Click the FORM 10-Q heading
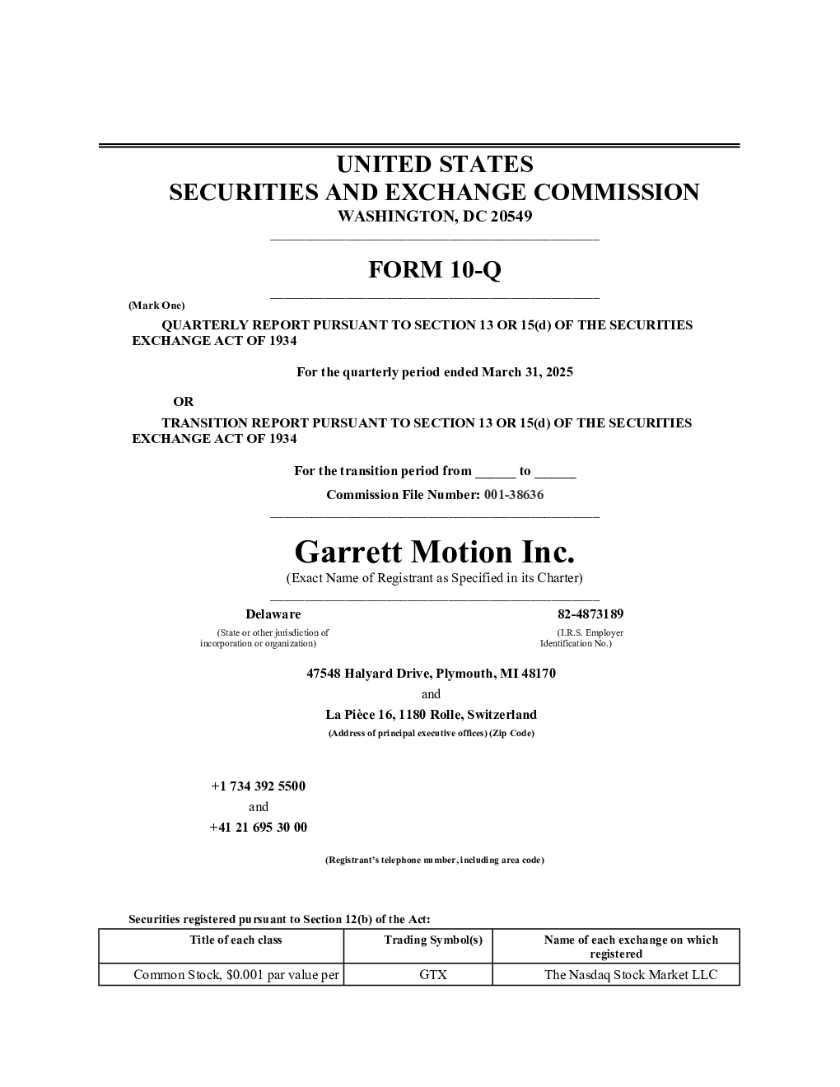(x=434, y=269)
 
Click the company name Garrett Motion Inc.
(x=434, y=553)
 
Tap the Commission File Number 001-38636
(x=514, y=495)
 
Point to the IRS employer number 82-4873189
(x=590, y=613)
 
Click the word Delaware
(x=273, y=613)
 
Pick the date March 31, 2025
(x=527, y=372)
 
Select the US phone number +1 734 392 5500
(x=258, y=786)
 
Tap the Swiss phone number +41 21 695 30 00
(x=258, y=827)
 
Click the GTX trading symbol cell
(x=433, y=974)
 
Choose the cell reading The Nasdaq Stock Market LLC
(x=631, y=974)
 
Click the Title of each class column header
(x=236, y=940)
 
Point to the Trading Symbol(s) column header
(x=433, y=940)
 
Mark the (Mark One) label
(x=156, y=306)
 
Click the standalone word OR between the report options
(x=183, y=402)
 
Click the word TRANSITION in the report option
(x=204, y=423)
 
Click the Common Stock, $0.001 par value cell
(x=236, y=974)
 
